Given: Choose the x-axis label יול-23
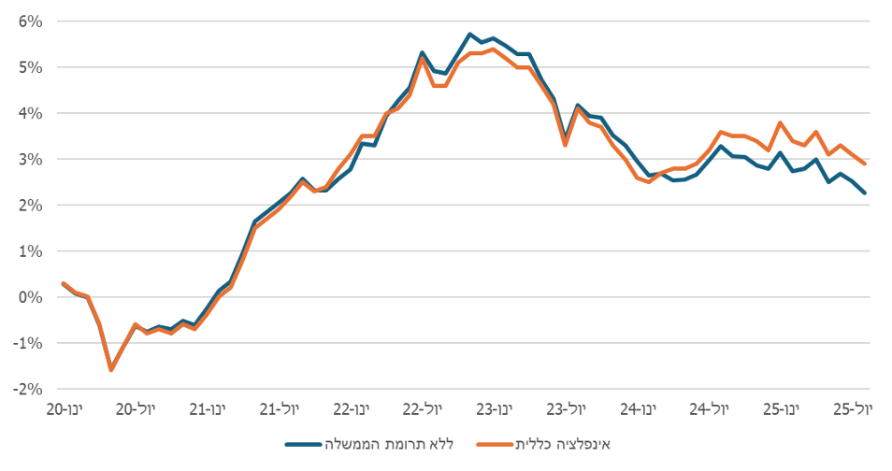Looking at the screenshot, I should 567,409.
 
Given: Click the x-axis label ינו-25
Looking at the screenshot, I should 782,409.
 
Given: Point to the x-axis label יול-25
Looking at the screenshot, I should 852,409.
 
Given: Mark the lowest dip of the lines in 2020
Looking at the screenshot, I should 111,369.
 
